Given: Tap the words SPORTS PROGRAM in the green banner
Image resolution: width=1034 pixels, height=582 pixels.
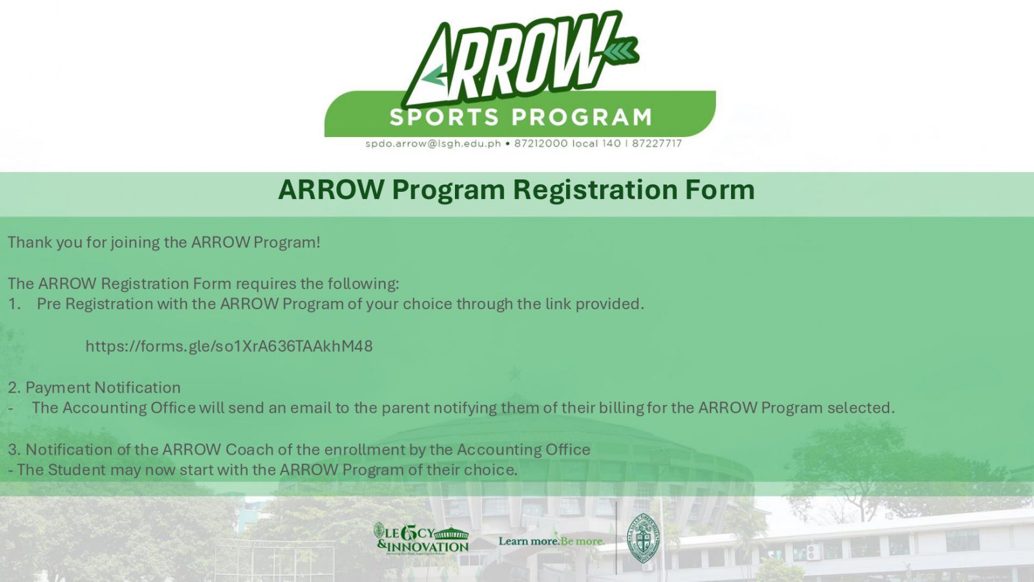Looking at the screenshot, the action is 521,117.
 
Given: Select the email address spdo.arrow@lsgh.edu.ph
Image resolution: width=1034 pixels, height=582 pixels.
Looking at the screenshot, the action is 433,144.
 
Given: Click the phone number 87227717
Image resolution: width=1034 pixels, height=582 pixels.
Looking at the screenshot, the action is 657,144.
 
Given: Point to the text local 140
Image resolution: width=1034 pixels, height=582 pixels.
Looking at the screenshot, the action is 596,144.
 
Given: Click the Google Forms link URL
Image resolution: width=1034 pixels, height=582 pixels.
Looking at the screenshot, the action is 229,347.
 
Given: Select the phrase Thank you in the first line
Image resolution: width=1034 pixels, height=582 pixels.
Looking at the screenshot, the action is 45,242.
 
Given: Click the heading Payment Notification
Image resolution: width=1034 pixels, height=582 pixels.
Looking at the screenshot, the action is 103,387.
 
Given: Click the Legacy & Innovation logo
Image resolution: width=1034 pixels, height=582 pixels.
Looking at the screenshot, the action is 421,539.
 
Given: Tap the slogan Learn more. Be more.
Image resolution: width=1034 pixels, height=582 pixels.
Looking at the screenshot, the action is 551,541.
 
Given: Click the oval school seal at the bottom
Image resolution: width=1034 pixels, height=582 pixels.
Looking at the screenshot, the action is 643,538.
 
